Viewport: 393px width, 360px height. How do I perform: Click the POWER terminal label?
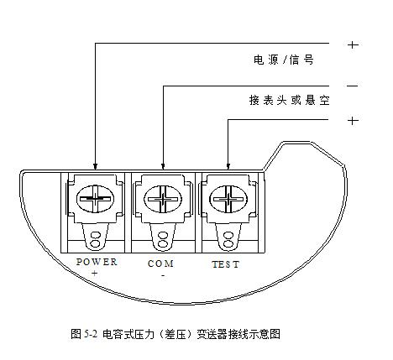click(x=97, y=262)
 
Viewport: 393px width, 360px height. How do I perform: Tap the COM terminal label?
click(x=160, y=263)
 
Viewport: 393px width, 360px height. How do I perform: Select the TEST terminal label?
click(x=226, y=264)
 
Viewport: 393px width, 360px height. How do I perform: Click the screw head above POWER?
click(x=95, y=199)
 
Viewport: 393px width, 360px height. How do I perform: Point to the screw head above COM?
click(x=163, y=199)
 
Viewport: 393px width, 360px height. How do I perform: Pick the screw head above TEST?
click(x=228, y=199)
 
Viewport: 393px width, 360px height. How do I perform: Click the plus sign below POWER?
click(x=95, y=273)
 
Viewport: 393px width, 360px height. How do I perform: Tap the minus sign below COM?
click(x=163, y=276)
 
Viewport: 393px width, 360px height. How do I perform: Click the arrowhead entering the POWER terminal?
click(x=95, y=166)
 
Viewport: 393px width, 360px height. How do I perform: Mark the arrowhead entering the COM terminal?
click(x=163, y=166)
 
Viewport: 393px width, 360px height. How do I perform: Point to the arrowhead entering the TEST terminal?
click(x=228, y=166)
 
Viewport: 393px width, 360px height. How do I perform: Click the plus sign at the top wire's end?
click(x=353, y=44)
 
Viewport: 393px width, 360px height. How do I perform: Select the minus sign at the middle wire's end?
click(x=353, y=86)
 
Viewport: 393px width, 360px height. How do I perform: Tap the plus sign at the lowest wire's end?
click(x=353, y=121)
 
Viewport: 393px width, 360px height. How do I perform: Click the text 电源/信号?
click(x=284, y=60)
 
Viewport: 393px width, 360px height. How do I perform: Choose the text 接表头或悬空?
click(x=289, y=100)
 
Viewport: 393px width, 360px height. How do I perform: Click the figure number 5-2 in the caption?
click(x=91, y=334)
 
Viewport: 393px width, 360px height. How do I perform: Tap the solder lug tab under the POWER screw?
click(x=95, y=237)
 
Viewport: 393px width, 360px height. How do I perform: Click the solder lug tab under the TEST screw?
click(x=228, y=237)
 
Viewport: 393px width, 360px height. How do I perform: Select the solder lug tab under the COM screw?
click(x=163, y=237)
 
